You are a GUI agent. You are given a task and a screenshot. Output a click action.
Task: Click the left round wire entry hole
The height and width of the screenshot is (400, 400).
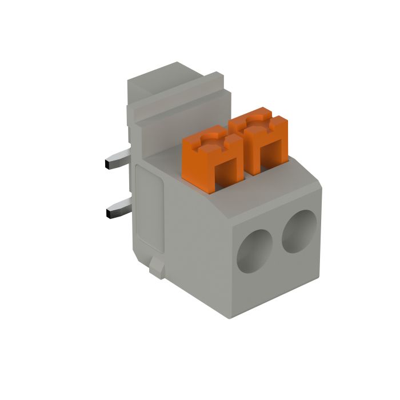(x=255, y=250)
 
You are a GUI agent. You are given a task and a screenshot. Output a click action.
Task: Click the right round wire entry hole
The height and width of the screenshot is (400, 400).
(x=299, y=231)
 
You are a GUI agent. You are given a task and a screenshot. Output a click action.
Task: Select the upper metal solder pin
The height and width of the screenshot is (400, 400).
(x=119, y=160)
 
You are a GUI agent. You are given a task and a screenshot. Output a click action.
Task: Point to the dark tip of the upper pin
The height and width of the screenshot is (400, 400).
(x=108, y=165)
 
